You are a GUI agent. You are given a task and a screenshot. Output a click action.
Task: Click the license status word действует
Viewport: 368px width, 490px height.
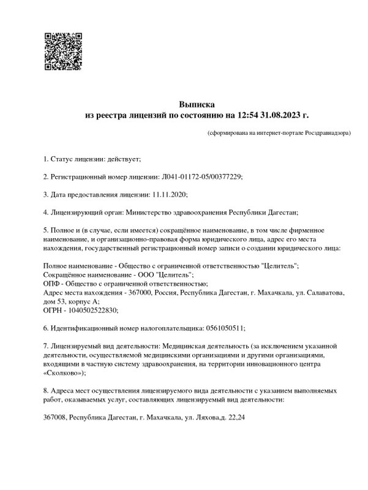tap(124, 159)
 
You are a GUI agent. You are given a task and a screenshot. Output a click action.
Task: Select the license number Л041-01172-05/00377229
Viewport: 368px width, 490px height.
tap(202, 177)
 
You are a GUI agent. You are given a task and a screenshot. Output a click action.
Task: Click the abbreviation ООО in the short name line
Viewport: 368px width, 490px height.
tap(139, 275)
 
